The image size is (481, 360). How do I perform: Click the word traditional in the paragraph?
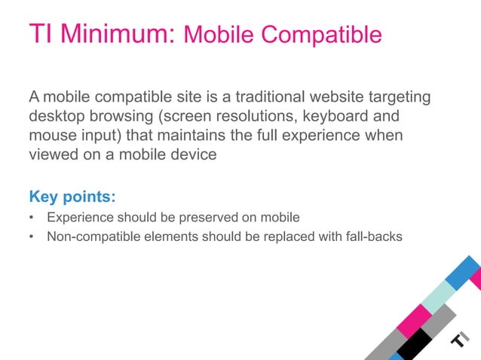276,97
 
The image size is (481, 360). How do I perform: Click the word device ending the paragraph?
195,155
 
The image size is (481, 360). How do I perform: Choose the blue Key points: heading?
72,197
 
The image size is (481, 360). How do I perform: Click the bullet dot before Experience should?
32,218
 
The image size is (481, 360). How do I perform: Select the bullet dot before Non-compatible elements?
32,237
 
